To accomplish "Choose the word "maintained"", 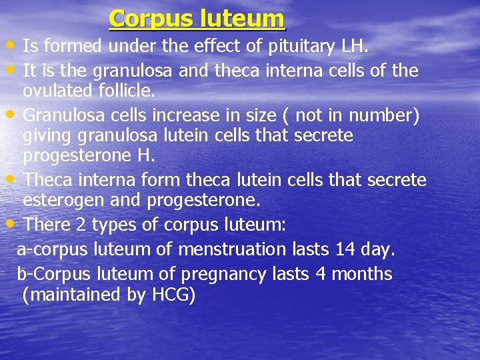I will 73,295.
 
